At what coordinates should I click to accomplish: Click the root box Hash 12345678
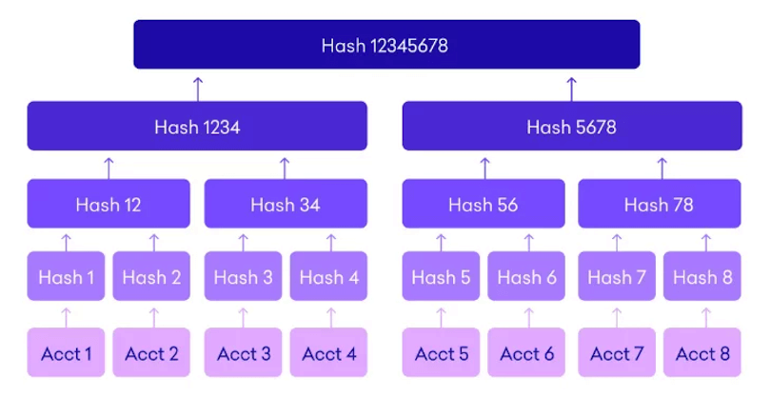tap(385, 45)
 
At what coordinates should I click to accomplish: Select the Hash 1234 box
tap(197, 127)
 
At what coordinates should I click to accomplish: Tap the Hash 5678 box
tap(571, 127)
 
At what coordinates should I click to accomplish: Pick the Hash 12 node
tap(109, 204)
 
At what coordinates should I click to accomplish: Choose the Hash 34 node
tap(285, 204)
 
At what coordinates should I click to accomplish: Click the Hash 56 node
tap(484, 204)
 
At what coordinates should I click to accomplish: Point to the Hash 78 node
tap(659, 204)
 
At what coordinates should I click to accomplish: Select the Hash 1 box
tap(66, 277)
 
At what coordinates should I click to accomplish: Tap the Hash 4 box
tap(329, 277)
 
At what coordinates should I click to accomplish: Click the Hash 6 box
tap(527, 277)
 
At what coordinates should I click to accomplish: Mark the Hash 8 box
tap(702, 277)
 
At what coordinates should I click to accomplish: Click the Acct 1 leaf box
tap(66, 353)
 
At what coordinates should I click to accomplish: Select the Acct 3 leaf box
tap(244, 353)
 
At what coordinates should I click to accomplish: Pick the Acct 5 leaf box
tap(442, 353)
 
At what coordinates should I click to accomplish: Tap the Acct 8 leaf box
tap(702, 353)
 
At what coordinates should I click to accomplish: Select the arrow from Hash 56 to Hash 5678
tap(484, 167)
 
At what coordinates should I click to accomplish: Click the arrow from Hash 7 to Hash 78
tap(617, 241)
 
